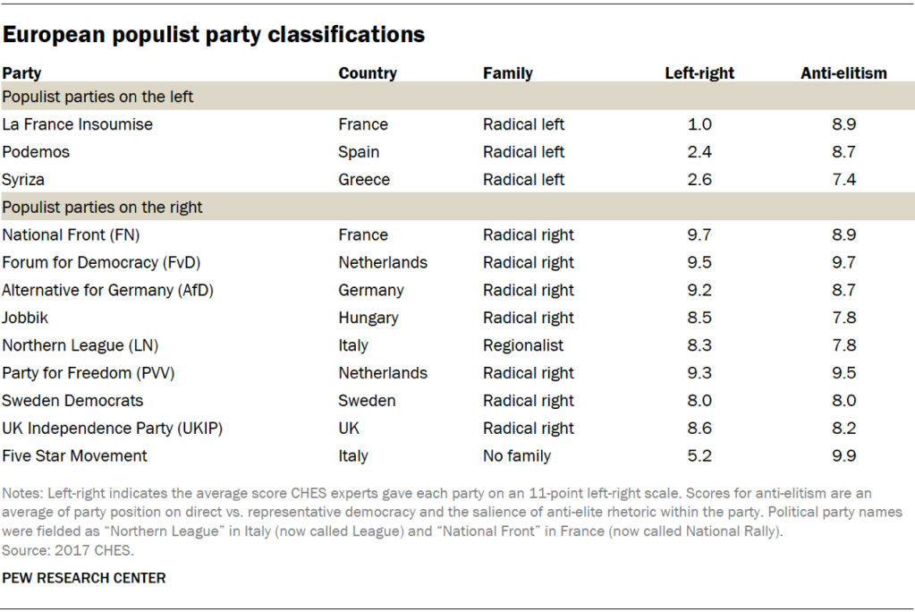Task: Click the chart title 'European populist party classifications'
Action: (213, 35)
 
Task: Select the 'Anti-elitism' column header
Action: (843, 73)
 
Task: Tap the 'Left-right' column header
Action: (699, 73)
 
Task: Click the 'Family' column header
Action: (507, 73)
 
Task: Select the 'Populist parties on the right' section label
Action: (103, 208)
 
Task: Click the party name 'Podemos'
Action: (36, 152)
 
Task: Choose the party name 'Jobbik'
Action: (25, 318)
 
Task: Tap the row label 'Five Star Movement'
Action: (75, 455)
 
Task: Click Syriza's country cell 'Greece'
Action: (364, 180)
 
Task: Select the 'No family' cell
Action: (517, 455)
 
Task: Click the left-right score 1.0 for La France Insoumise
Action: (699, 124)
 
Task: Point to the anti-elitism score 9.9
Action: (843, 455)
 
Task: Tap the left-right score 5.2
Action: (699, 455)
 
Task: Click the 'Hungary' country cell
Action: (369, 318)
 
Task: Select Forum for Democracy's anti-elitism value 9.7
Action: (843, 263)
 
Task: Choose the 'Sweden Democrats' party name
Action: (72, 401)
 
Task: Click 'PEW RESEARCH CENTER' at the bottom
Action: (84, 578)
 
